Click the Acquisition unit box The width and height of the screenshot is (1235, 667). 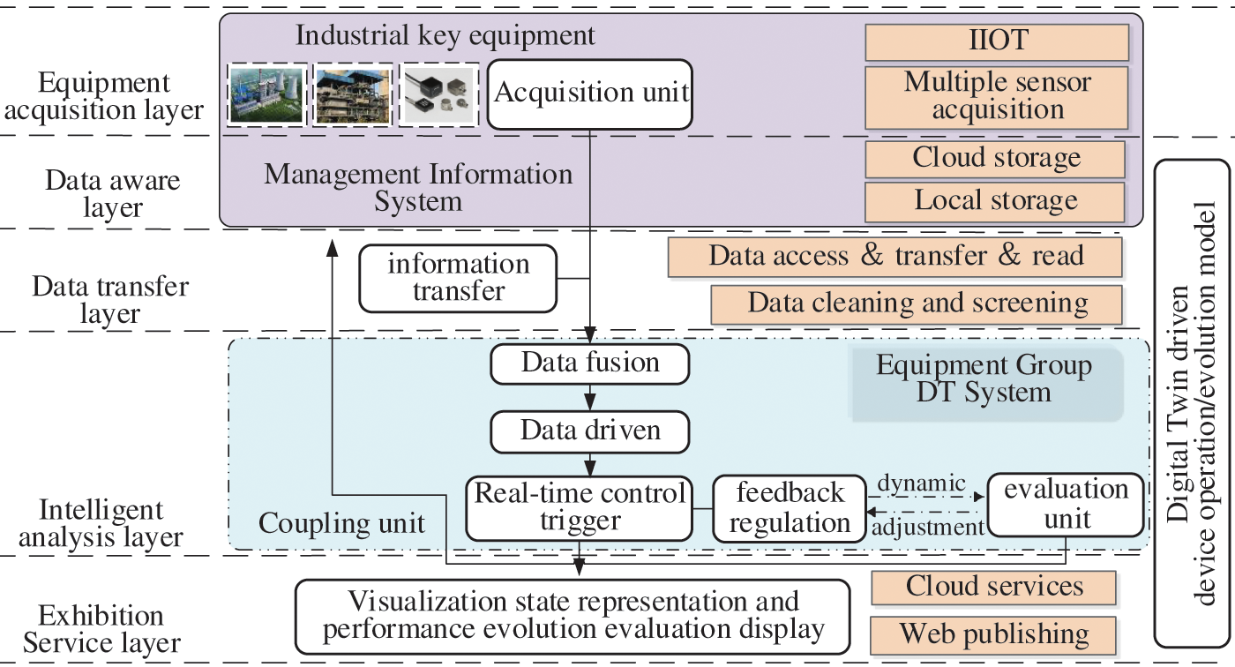[589, 94]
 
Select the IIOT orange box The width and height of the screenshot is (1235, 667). [997, 41]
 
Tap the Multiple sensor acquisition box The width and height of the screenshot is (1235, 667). [997, 98]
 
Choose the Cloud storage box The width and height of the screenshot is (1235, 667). [995, 160]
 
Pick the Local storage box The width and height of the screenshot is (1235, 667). [995, 202]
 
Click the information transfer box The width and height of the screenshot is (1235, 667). [458, 279]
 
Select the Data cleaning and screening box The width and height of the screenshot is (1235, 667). [917, 304]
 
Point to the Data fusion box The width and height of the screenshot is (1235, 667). [589, 363]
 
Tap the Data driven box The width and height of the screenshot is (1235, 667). [589, 431]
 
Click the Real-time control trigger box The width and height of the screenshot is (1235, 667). [579, 508]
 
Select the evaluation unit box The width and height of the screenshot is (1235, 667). [1066, 505]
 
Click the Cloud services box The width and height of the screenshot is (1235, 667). [993, 588]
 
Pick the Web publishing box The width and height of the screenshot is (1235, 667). [993, 635]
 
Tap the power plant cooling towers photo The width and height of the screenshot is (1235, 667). [266, 94]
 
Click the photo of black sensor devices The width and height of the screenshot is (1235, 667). [439, 94]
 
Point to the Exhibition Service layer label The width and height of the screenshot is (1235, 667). [101, 629]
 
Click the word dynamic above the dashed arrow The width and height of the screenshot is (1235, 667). [921, 483]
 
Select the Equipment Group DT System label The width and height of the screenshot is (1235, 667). [984, 378]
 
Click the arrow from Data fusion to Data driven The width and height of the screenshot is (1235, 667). [590, 397]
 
